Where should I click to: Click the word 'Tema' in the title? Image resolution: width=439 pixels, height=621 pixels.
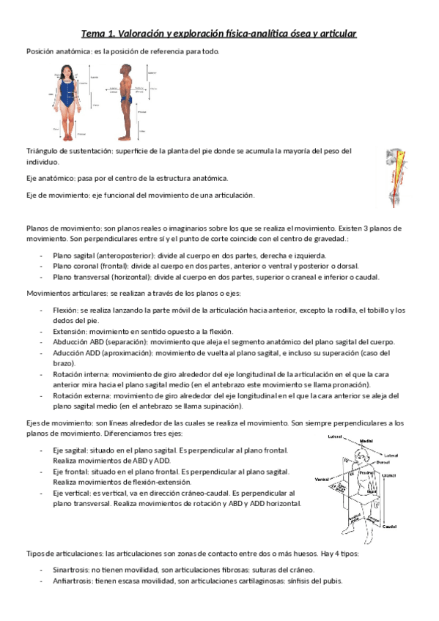click(94, 34)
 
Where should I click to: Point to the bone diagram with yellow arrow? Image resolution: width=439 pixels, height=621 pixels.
click(399, 176)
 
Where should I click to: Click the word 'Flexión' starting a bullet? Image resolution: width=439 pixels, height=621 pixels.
click(67, 310)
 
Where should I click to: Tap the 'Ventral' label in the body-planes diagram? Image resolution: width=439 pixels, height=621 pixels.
click(321, 480)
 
